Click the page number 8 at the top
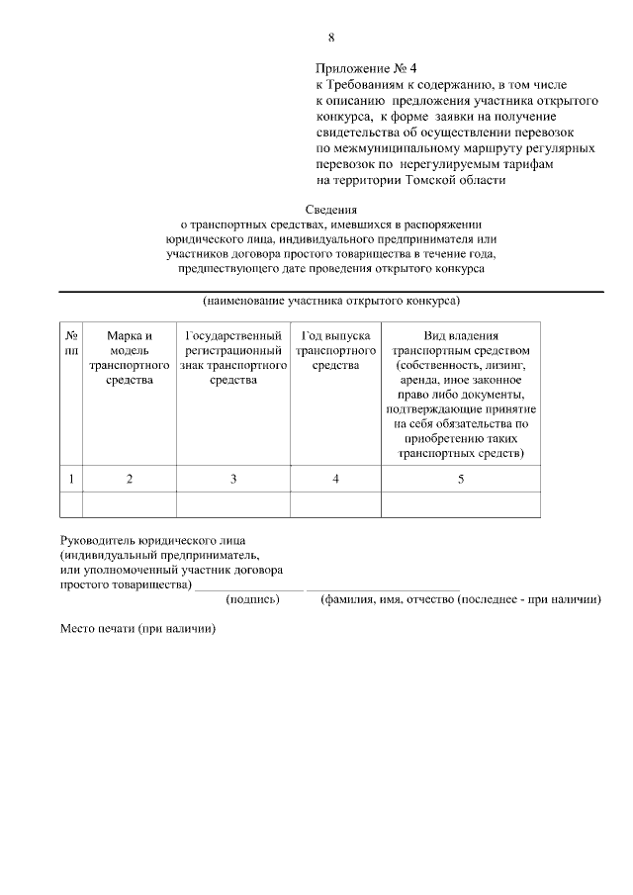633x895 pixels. pyautogui.click(x=331, y=38)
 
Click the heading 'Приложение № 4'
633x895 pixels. pyautogui.click(x=367, y=68)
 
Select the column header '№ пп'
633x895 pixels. pyautogui.click(x=71, y=343)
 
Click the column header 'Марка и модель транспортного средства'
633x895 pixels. pyautogui.click(x=130, y=358)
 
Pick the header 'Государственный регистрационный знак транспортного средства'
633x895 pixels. pyautogui.click(x=233, y=358)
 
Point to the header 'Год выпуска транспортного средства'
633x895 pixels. pyautogui.click(x=336, y=351)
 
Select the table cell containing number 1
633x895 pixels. pyautogui.click(x=71, y=479)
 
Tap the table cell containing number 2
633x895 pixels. pyautogui.click(x=130, y=479)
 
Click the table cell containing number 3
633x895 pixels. pyautogui.click(x=233, y=479)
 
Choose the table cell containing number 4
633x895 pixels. pyautogui.click(x=336, y=479)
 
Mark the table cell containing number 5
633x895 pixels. pyautogui.click(x=461, y=479)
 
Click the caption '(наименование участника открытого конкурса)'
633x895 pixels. pyautogui.click(x=331, y=301)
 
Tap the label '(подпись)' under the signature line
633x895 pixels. pyautogui.click(x=253, y=599)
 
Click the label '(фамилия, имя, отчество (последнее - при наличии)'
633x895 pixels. pyautogui.click(x=461, y=599)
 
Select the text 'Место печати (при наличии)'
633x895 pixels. pyautogui.click(x=137, y=629)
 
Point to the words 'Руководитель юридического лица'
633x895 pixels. pyautogui.click(x=152, y=540)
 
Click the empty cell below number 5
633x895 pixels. pyautogui.click(x=461, y=504)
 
